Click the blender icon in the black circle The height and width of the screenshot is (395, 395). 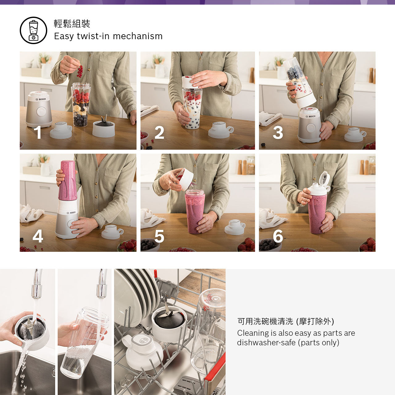click(33, 30)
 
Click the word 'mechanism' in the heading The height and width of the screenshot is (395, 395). click(138, 36)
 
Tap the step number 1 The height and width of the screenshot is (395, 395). click(38, 132)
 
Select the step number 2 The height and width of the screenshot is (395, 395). click(159, 132)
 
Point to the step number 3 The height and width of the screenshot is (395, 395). click(278, 133)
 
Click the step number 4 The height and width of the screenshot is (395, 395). click(38, 236)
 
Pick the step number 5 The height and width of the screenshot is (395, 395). click(159, 236)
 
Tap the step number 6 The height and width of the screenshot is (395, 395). click(278, 236)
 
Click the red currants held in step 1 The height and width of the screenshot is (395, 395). click(80, 72)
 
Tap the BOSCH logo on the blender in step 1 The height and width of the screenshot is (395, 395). click(41, 99)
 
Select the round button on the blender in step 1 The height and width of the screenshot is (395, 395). click(41, 111)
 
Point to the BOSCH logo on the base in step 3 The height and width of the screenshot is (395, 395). click(310, 116)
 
